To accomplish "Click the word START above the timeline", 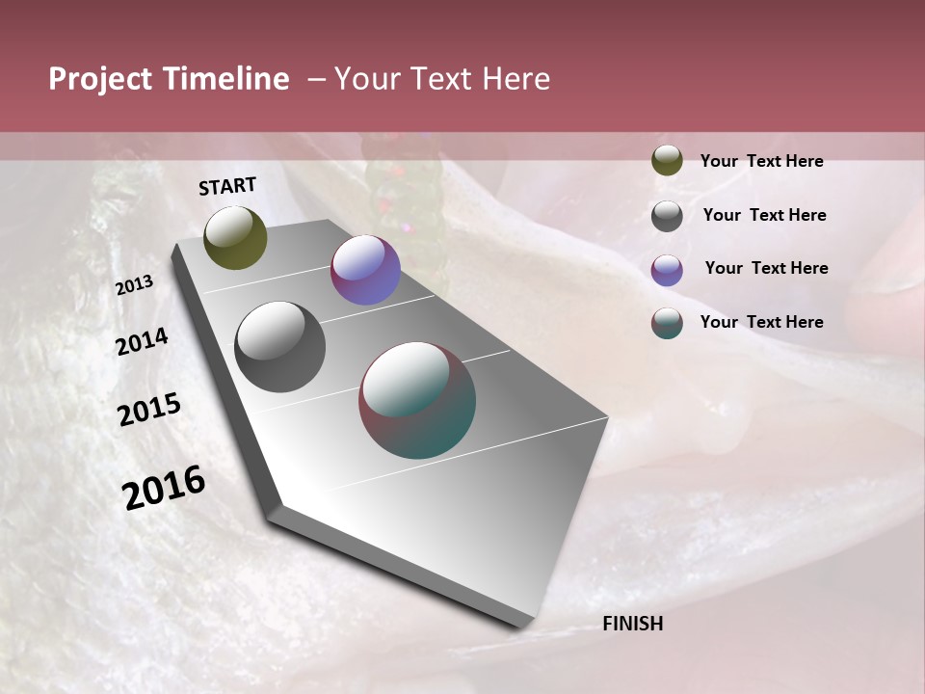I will (227, 186).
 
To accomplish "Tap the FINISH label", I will (633, 624).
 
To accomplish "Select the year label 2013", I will (135, 285).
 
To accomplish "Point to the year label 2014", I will (142, 341).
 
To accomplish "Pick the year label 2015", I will (149, 410).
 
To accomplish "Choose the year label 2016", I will (164, 487).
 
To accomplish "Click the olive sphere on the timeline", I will (235, 237).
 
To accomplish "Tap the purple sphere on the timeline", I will (365, 270).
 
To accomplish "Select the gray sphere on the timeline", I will (279, 347).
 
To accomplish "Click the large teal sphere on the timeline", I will (417, 400).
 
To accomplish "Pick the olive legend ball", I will (667, 160).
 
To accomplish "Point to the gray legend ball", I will (667, 215).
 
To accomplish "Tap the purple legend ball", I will (667, 269).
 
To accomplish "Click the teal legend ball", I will (667, 323).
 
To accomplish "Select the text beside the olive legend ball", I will (761, 161).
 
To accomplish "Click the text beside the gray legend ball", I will (764, 215).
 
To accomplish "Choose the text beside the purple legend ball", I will (766, 268).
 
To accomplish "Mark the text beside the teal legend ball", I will (761, 322).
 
